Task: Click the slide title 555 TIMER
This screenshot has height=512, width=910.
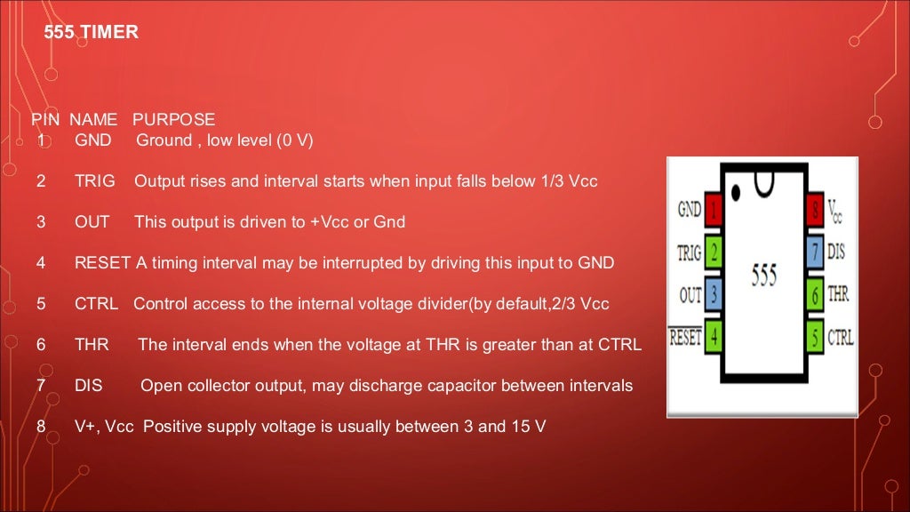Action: click(91, 33)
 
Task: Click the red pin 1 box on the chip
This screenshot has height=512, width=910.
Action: click(714, 211)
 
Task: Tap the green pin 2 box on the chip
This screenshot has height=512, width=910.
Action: click(714, 252)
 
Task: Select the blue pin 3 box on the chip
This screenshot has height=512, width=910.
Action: click(714, 295)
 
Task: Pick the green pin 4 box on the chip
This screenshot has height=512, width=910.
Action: click(714, 337)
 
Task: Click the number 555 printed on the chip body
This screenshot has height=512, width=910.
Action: click(763, 275)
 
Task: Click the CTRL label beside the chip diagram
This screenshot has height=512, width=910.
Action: click(840, 337)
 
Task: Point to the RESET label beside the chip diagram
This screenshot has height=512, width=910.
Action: click(685, 337)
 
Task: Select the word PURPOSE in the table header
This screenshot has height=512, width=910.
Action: click(173, 119)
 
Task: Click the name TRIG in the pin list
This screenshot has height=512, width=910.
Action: click(94, 181)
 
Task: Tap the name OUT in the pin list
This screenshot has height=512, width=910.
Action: click(92, 222)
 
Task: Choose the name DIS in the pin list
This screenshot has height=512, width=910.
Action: click(89, 386)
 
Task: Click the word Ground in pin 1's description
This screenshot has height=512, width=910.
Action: click(164, 140)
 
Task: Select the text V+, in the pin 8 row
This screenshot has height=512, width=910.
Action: click(87, 427)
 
